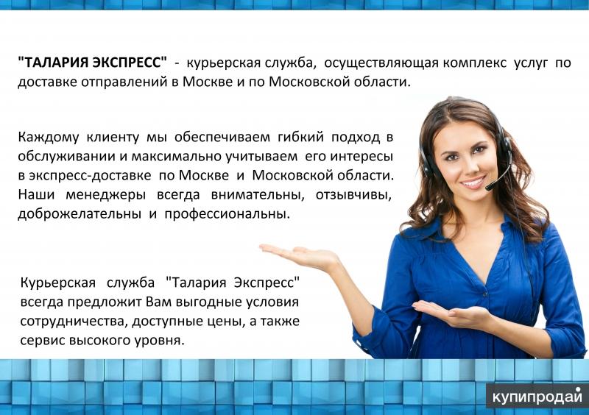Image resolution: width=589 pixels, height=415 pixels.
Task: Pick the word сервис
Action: tap(41, 341)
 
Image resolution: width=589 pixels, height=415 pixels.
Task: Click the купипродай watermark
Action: tap(537, 396)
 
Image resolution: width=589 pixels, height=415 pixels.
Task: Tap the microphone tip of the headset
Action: tap(487, 187)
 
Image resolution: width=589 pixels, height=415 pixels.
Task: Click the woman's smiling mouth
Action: tap(471, 180)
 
